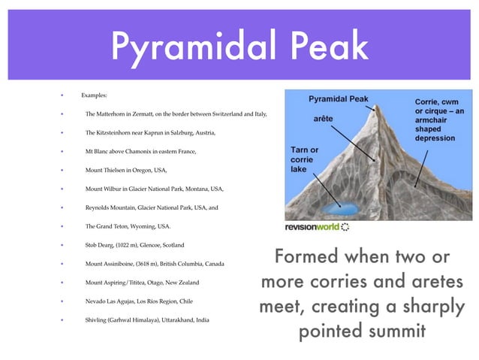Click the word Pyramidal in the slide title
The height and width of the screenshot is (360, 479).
tap(194, 47)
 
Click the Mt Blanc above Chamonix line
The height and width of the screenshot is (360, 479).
tap(140, 152)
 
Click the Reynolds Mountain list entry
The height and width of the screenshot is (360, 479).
tap(152, 207)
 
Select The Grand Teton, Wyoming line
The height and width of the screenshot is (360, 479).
tap(128, 226)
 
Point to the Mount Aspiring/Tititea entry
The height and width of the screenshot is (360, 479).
tap(141, 283)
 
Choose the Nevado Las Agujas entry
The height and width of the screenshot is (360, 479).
tap(140, 301)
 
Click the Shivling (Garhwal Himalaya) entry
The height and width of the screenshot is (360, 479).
tap(147, 320)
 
